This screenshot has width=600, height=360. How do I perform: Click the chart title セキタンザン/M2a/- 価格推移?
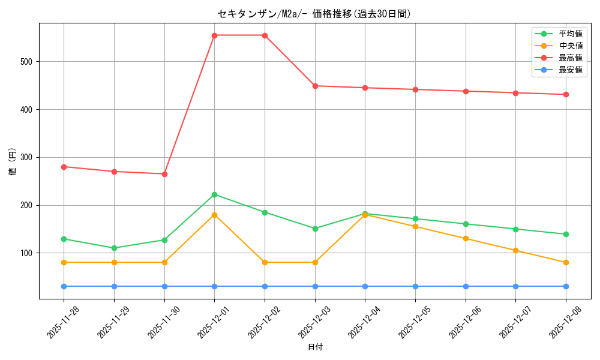[314, 14]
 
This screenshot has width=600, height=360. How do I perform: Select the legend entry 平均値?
[571, 34]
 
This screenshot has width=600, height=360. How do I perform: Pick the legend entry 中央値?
[571, 46]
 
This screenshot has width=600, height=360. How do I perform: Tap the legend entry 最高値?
[571, 58]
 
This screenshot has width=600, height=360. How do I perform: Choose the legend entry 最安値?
[571, 70]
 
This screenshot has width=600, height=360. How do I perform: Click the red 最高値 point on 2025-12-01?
[214, 35]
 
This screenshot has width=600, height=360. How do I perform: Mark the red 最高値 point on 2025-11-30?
[164, 174]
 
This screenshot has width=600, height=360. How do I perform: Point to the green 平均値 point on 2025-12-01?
[214, 194]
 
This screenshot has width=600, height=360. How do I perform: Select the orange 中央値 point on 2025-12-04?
[365, 215]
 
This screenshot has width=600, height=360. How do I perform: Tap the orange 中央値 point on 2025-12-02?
[265, 262]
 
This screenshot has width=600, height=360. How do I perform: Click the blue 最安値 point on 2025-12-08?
[566, 286]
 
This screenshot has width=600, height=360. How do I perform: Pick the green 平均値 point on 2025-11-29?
[114, 248]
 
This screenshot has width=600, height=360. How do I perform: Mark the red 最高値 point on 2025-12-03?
[315, 86]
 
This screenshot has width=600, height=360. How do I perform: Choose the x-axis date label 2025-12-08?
[562, 322]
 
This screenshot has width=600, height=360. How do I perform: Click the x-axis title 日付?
[315, 347]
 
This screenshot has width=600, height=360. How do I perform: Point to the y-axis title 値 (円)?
[13, 161]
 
